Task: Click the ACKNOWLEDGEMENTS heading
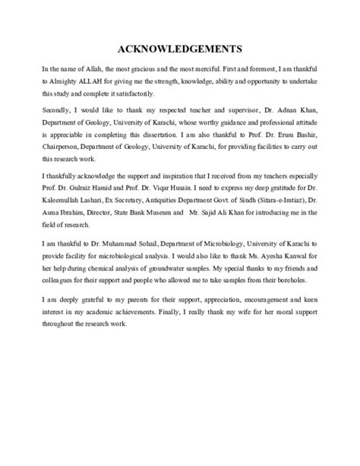tap(179, 44)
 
